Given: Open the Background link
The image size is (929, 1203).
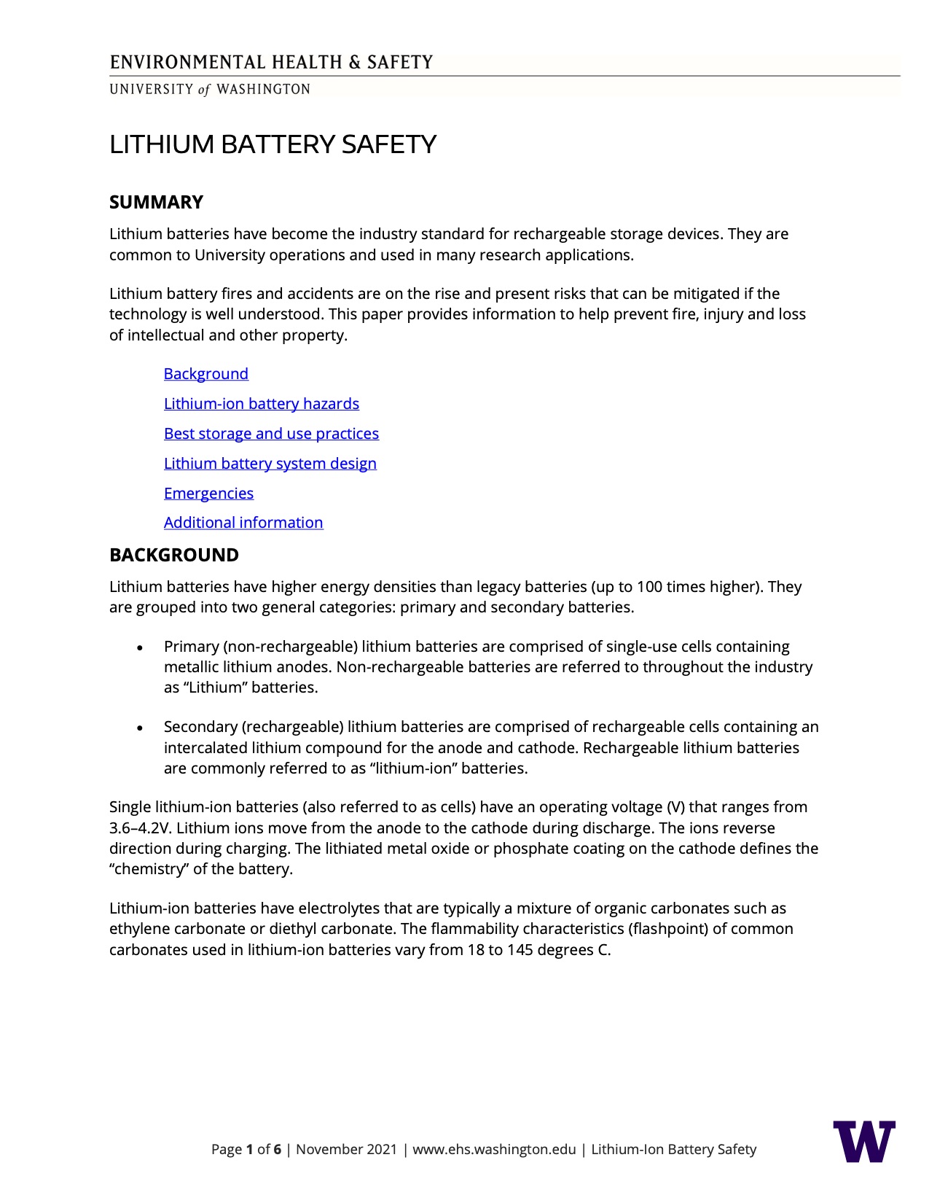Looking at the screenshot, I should pos(205,374).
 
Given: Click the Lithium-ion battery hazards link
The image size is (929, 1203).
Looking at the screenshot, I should pos(261,404).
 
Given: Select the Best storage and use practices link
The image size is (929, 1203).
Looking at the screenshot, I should pos(271,434).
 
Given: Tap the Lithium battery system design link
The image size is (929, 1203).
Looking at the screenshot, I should pos(270,464).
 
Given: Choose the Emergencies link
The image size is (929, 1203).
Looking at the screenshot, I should pos(208,494).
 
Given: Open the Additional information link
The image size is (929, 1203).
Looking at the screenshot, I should pos(243,523).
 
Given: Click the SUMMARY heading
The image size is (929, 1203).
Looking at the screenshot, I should pos(156,202).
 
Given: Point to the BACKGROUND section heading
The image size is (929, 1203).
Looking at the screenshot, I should pos(173,555).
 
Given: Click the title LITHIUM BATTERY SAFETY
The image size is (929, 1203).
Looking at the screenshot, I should pos(273,144).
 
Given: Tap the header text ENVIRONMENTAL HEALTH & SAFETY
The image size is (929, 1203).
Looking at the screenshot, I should pos(271,62).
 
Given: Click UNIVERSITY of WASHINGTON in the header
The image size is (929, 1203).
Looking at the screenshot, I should pos(210,89).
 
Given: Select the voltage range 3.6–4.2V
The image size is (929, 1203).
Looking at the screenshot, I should pos(141,828).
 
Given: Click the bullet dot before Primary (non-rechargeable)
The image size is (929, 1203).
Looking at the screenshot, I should pos(140,647).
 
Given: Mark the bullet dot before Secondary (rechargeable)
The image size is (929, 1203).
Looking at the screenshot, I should pos(140,728).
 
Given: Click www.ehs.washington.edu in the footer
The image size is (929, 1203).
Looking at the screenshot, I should pos(494,1150).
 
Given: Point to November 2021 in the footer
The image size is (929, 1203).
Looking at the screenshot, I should pos(346,1150).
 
